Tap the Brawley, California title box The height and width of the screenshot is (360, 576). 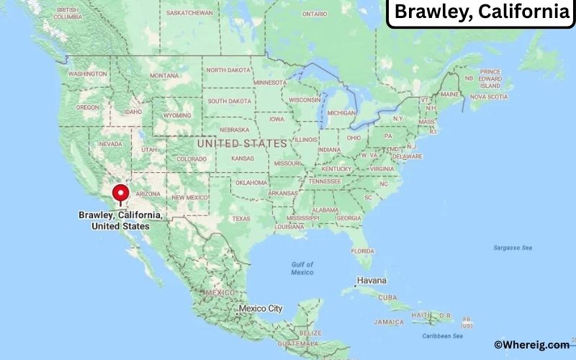click(x=481, y=12)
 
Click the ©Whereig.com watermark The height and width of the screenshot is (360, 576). click(x=531, y=345)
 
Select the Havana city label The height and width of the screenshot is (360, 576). click(x=371, y=280)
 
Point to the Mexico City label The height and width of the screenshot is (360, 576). click(x=261, y=308)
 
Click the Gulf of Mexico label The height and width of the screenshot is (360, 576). click(x=302, y=268)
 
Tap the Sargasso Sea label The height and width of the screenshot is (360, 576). click(x=513, y=248)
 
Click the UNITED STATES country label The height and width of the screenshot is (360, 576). click(x=241, y=144)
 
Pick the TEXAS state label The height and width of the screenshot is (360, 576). click(x=241, y=218)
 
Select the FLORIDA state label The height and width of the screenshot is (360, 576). click(x=363, y=251)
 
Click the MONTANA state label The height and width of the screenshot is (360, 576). click(x=164, y=76)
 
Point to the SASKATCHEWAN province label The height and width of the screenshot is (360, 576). click(x=189, y=13)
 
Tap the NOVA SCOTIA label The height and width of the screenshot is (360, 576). click(x=489, y=96)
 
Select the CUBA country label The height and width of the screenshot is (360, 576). click(x=388, y=297)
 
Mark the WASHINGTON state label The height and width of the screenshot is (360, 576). click(x=88, y=73)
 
